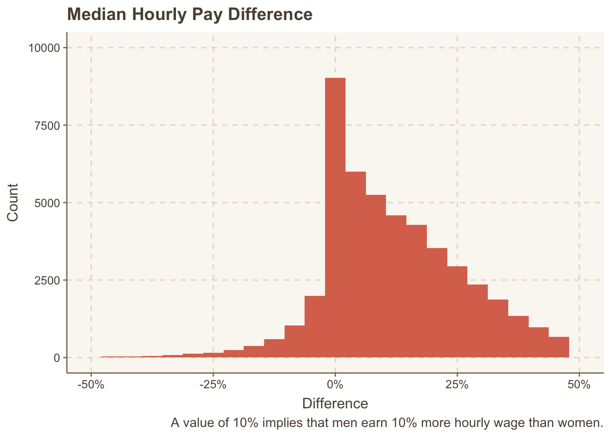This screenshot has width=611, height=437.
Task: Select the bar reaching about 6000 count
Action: pos(356,264)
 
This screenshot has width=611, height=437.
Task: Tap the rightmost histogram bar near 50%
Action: pos(559,347)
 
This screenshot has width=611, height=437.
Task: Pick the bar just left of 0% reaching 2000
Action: pos(315,326)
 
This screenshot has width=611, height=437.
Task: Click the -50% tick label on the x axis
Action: pos(91,385)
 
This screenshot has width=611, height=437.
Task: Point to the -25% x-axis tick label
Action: pos(213,385)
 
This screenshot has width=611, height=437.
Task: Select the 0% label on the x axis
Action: pos(335,385)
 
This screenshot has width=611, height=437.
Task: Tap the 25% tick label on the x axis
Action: pos(457,385)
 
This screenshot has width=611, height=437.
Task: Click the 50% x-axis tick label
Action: pos(579,385)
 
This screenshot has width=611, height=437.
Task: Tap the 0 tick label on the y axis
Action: pos(56,358)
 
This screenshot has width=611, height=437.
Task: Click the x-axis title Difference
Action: pos(335,403)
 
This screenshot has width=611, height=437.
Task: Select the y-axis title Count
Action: pos(13,202)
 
